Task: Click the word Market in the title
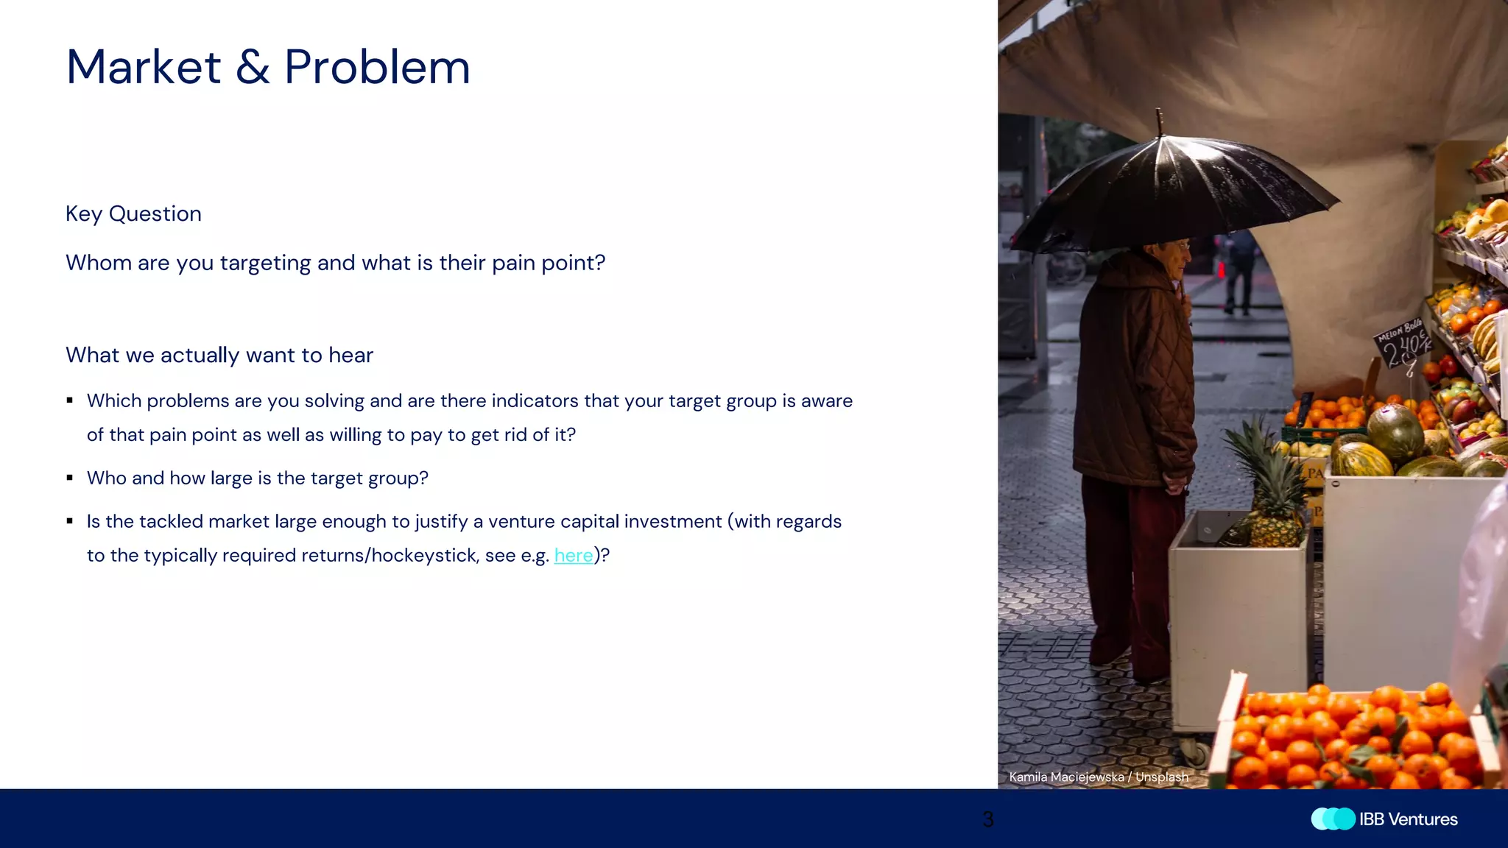coord(144,68)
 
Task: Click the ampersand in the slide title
coord(253,68)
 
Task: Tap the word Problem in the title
coord(377,68)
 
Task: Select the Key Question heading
coord(133,214)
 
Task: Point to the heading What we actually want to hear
coord(219,356)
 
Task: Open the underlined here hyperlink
coord(573,556)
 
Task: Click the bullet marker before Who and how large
coord(70,478)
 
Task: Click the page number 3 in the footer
coord(988,819)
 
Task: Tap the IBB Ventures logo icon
coord(1333,819)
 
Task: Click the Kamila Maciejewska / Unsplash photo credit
coord(1098,777)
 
